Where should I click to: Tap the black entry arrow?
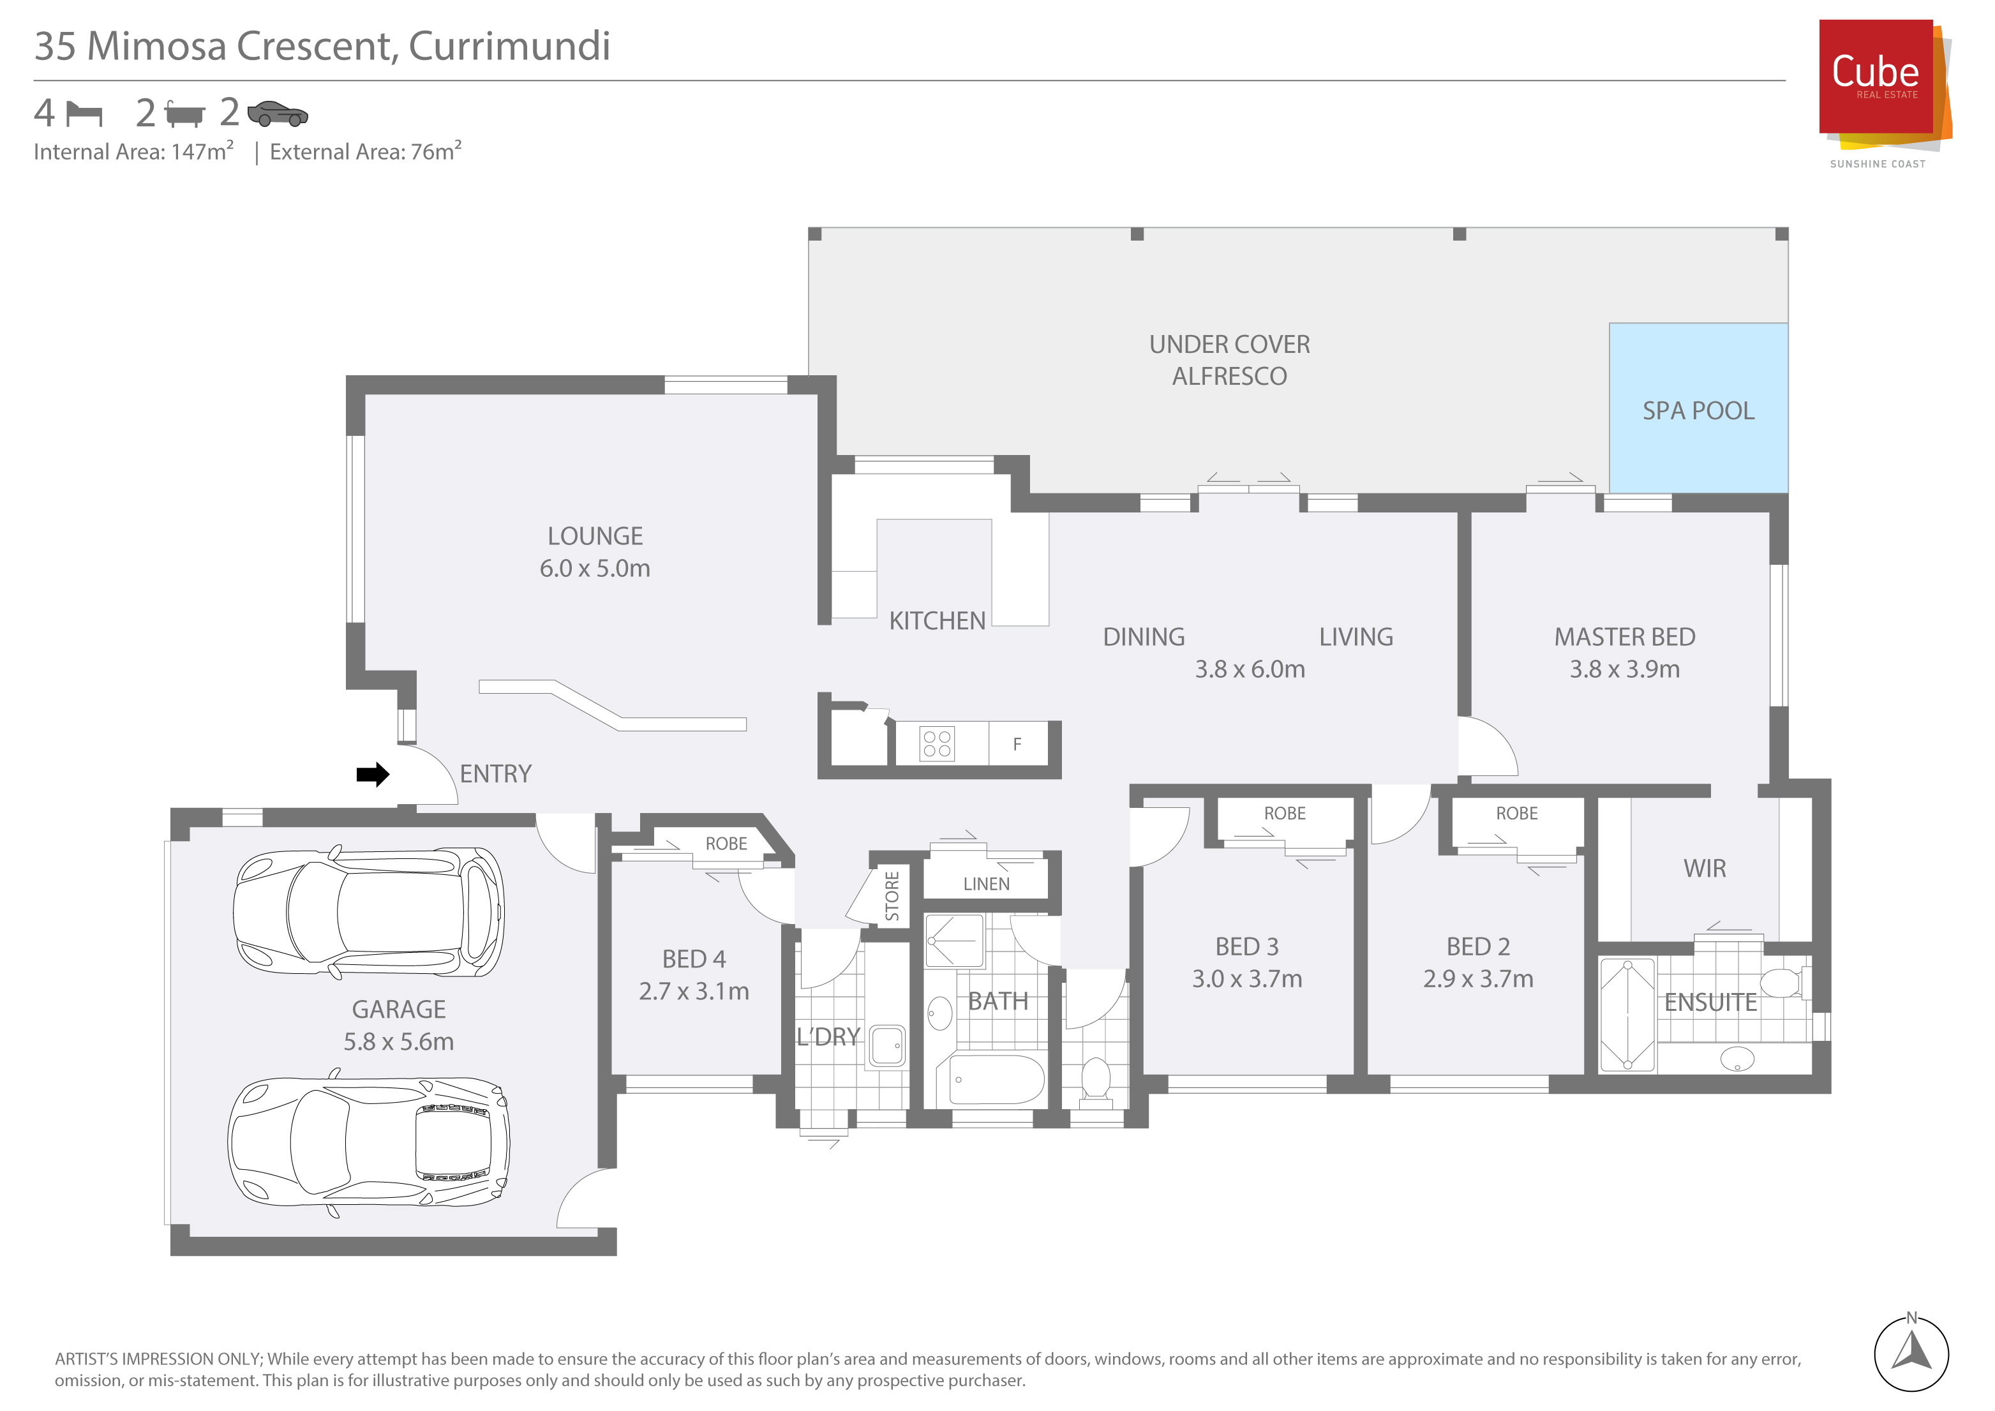[373, 774]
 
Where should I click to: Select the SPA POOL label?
[1698, 411]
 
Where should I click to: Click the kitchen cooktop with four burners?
[937, 743]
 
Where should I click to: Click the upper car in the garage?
[368, 913]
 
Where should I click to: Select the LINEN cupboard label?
[986, 885]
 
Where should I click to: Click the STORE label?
[892, 897]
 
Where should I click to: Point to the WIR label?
[1705, 869]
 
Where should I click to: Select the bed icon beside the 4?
[84, 114]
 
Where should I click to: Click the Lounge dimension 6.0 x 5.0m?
[595, 568]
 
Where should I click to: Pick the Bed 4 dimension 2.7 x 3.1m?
[694, 991]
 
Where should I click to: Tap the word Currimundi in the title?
[509, 46]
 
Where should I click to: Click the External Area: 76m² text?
[366, 151]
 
